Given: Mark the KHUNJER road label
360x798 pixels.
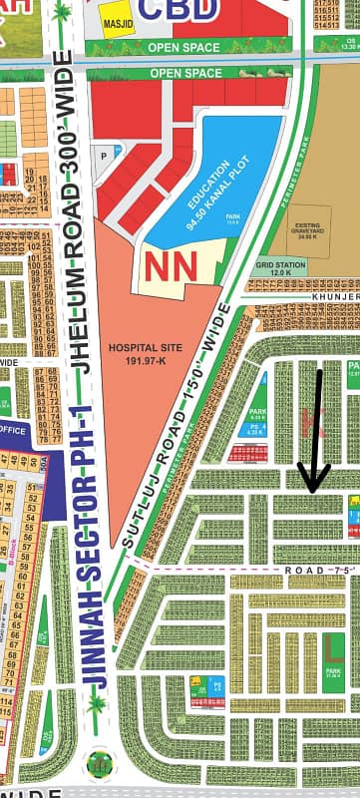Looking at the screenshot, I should tap(335, 296).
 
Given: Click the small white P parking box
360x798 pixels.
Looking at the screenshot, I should tap(103, 157).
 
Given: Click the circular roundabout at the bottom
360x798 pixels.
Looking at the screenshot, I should tap(99, 762).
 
